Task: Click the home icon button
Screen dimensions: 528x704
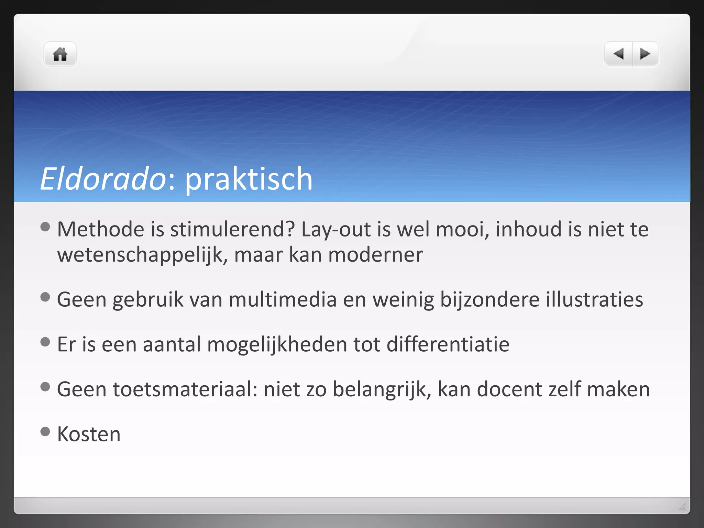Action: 60,54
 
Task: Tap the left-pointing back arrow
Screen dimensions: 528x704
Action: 618,54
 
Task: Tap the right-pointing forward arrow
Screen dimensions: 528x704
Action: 645,54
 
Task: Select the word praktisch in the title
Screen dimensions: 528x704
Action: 249,179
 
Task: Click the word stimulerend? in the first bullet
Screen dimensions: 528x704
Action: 232,230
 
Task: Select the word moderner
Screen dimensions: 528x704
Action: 375,255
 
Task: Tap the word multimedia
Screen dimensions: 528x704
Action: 282,300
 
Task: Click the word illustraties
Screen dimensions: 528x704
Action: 594,300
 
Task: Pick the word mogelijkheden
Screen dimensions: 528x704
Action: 277,344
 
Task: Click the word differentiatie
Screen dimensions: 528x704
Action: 448,344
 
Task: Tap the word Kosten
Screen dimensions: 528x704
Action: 89,434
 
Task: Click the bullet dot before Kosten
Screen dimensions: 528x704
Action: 45,431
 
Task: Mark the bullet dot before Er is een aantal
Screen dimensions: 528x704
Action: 45,342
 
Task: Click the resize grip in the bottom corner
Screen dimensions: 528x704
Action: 682,506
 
